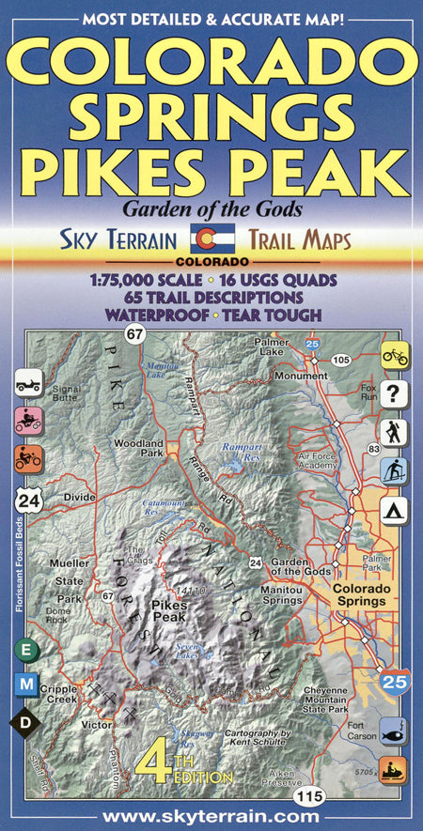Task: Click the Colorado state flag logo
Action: pos(206,239)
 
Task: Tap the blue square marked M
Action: pos(26,685)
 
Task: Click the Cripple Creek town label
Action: pos(58,696)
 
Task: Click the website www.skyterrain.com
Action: pos(211,817)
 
